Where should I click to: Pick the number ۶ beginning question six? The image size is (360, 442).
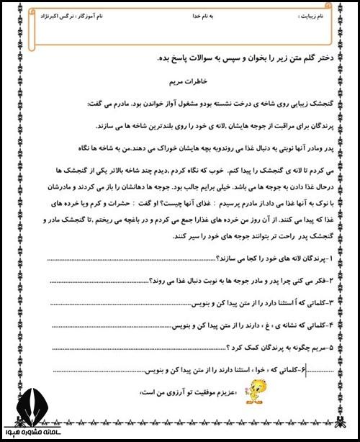pos(306,369)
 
